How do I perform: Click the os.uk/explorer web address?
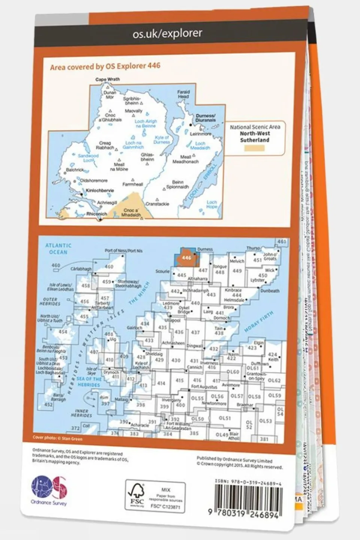tap(167, 33)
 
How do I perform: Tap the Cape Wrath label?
tap(107, 80)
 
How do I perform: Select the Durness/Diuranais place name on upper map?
tap(206, 118)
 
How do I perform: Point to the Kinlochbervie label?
tap(100, 191)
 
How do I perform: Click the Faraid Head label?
tap(183, 94)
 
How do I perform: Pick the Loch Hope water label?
tap(212, 205)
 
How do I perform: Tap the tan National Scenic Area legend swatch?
tap(254, 148)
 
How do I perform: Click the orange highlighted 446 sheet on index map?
tap(186, 258)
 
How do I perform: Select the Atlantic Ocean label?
tap(58, 248)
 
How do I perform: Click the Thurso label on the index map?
tap(253, 248)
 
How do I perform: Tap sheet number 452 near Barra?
tap(48, 405)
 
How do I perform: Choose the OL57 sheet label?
tap(236, 396)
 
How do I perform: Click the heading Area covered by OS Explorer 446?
tap(105, 66)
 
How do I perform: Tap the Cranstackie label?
tap(157, 204)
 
